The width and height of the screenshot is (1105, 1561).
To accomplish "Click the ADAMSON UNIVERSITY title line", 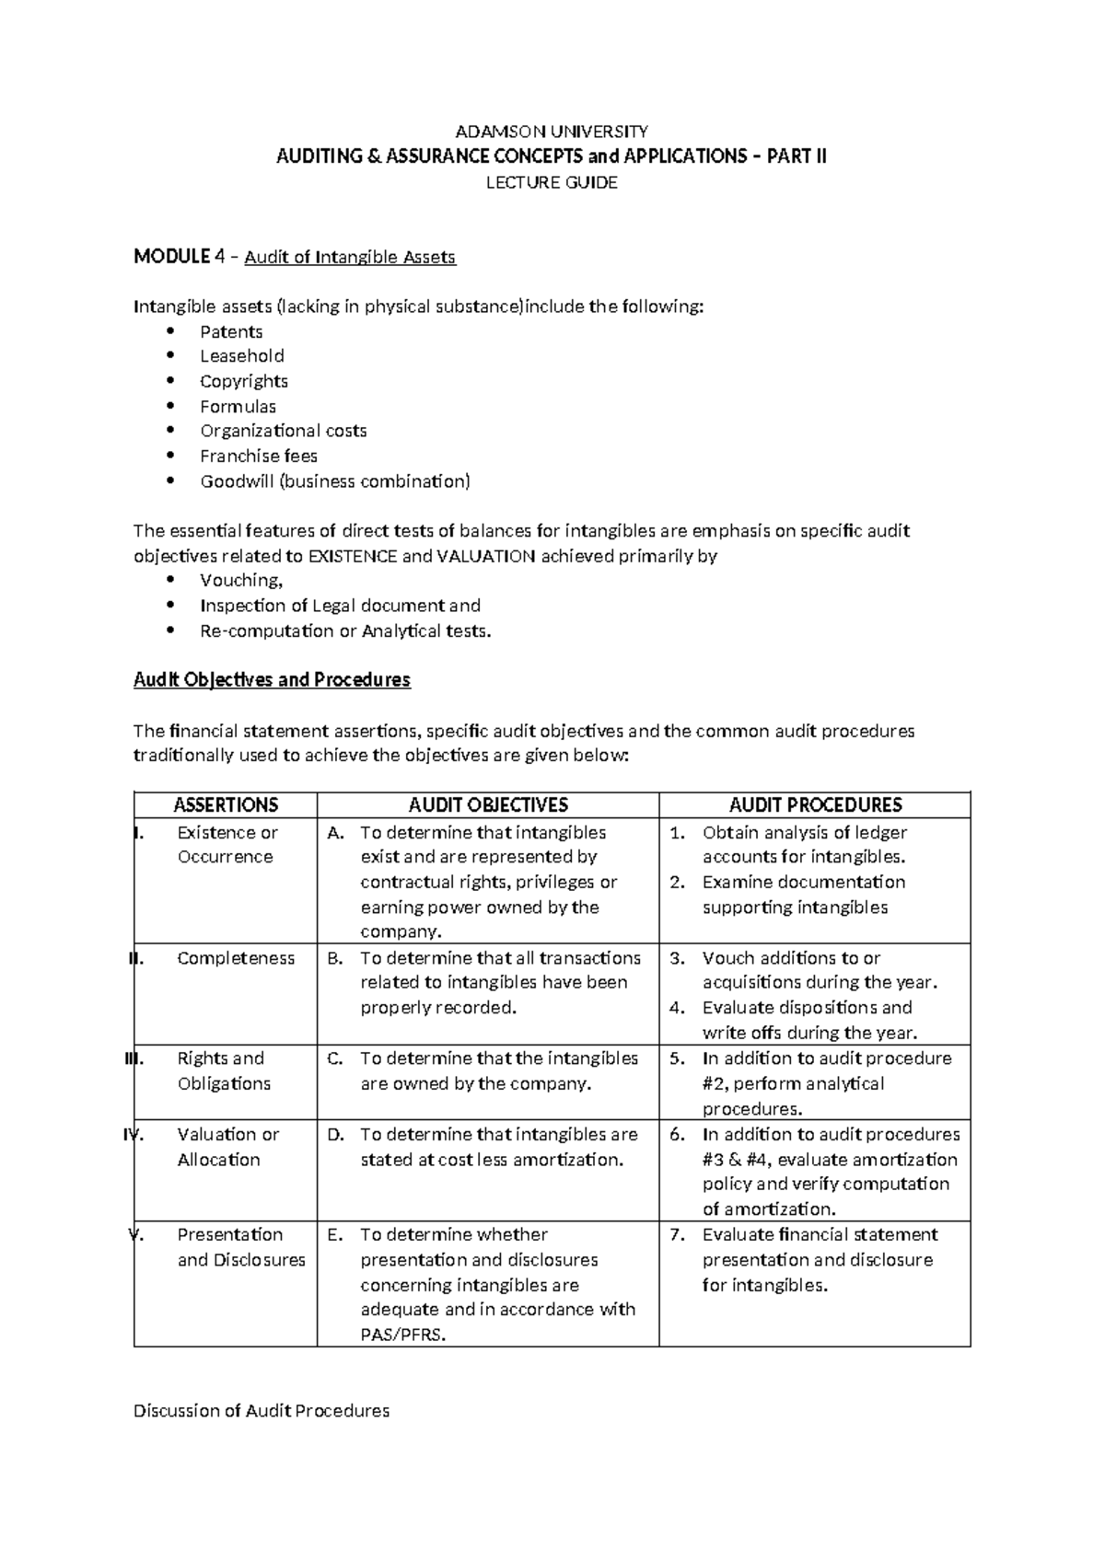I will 552,131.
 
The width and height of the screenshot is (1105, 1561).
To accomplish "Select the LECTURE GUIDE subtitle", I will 552,182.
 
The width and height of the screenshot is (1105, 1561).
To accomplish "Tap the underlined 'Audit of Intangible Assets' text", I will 350,257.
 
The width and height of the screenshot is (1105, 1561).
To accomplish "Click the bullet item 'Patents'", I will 231,331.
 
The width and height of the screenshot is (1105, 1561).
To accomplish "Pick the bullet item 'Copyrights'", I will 244,381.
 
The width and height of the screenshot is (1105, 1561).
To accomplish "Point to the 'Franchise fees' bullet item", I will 259,456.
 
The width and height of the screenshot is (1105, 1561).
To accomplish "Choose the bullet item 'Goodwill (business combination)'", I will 335,480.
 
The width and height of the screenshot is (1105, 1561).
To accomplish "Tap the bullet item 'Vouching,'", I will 241,580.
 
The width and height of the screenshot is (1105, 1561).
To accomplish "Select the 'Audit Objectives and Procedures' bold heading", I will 272,680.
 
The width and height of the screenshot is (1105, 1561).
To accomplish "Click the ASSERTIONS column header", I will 226,805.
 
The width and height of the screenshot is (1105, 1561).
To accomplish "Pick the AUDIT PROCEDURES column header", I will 815,805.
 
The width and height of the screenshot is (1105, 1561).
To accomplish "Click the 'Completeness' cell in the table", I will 236,958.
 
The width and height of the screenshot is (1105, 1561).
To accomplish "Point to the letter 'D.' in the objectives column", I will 335,1135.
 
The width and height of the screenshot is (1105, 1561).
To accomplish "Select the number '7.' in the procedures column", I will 678,1235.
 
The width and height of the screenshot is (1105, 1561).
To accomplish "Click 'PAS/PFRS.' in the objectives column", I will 403,1335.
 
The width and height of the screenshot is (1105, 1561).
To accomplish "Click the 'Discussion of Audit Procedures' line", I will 262,1410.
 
